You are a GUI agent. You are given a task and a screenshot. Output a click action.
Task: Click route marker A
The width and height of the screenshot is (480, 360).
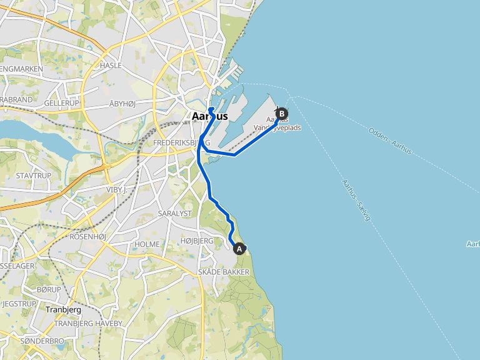(x=239, y=249)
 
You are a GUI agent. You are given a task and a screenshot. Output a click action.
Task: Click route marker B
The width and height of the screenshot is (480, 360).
(x=282, y=114)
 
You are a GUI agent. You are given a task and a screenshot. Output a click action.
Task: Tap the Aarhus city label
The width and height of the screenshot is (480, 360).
(x=209, y=117)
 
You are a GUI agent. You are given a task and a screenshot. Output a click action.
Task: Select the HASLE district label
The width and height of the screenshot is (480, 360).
(x=110, y=65)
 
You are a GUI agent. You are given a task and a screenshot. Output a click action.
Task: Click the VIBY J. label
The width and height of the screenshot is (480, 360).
(x=117, y=189)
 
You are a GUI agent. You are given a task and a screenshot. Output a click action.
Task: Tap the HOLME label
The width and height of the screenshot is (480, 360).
(x=147, y=244)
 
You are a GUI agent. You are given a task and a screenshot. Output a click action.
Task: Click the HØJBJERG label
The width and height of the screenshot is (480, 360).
(x=196, y=241)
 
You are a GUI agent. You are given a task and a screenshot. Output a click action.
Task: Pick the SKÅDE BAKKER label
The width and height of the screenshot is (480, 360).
(x=223, y=272)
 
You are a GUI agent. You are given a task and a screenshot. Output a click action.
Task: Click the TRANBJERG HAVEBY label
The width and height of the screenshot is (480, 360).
(x=88, y=323)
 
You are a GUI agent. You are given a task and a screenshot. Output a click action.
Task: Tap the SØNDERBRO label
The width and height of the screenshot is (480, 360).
(x=42, y=341)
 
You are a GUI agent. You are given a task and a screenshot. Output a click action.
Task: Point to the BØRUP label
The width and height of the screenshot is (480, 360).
(x=49, y=289)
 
